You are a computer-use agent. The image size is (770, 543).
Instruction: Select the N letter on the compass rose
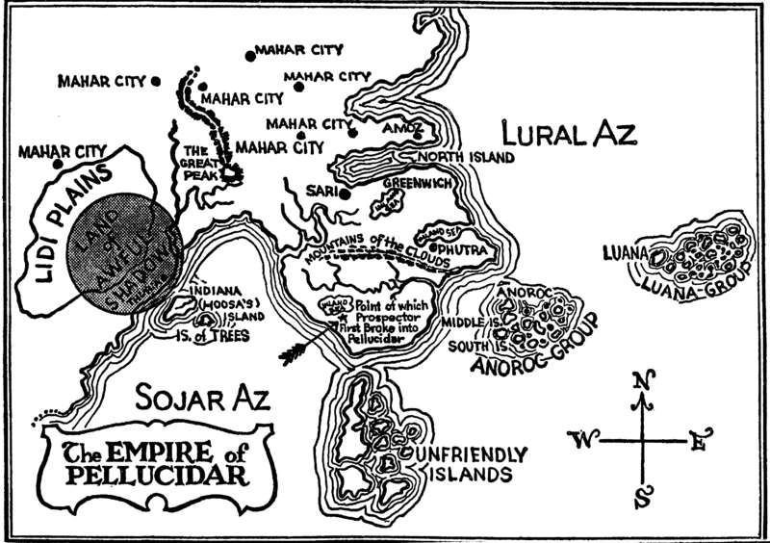[638, 382]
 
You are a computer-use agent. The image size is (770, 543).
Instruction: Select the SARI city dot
[344, 194]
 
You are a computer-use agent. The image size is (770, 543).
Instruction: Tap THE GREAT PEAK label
[198, 164]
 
